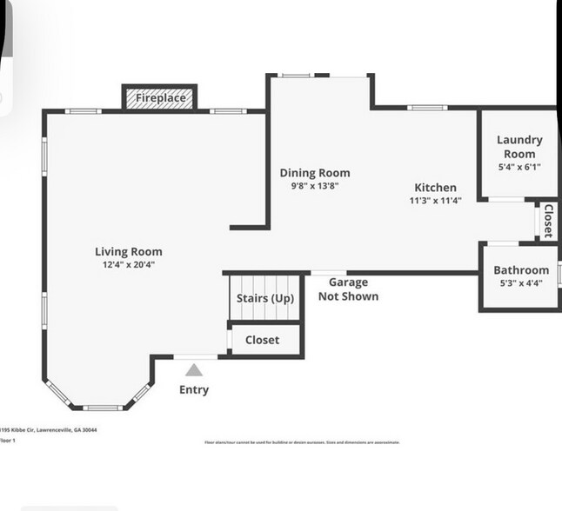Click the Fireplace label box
[160, 98]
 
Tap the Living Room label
[129, 252]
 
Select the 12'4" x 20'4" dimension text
[129, 265]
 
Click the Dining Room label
[314, 173]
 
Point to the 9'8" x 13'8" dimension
[314, 185]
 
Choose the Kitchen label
[435, 188]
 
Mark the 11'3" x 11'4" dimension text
[435, 200]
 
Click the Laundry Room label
[519, 146]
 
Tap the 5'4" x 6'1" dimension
[519, 167]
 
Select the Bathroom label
[521, 270]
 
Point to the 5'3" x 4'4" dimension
[521, 282]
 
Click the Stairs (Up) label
[265, 299]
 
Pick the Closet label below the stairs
[262, 340]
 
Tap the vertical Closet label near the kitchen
[548, 221]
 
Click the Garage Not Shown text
[348, 289]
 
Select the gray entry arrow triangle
[194, 370]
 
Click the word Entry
[194, 389]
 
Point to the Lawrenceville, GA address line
[49, 429]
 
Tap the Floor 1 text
[9, 441]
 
